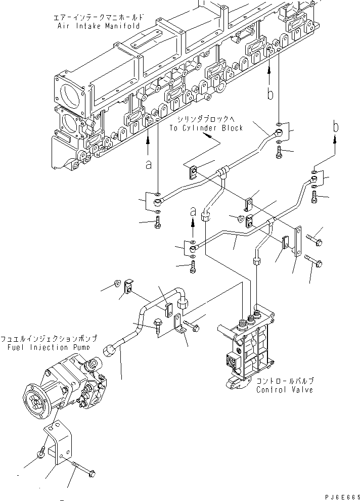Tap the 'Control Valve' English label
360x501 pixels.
(285, 390)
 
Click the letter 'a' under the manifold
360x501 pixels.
(148, 165)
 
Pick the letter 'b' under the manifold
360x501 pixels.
(270, 94)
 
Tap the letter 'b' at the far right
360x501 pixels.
(334, 128)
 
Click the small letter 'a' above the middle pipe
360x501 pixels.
(193, 210)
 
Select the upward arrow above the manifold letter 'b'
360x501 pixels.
(270, 75)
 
